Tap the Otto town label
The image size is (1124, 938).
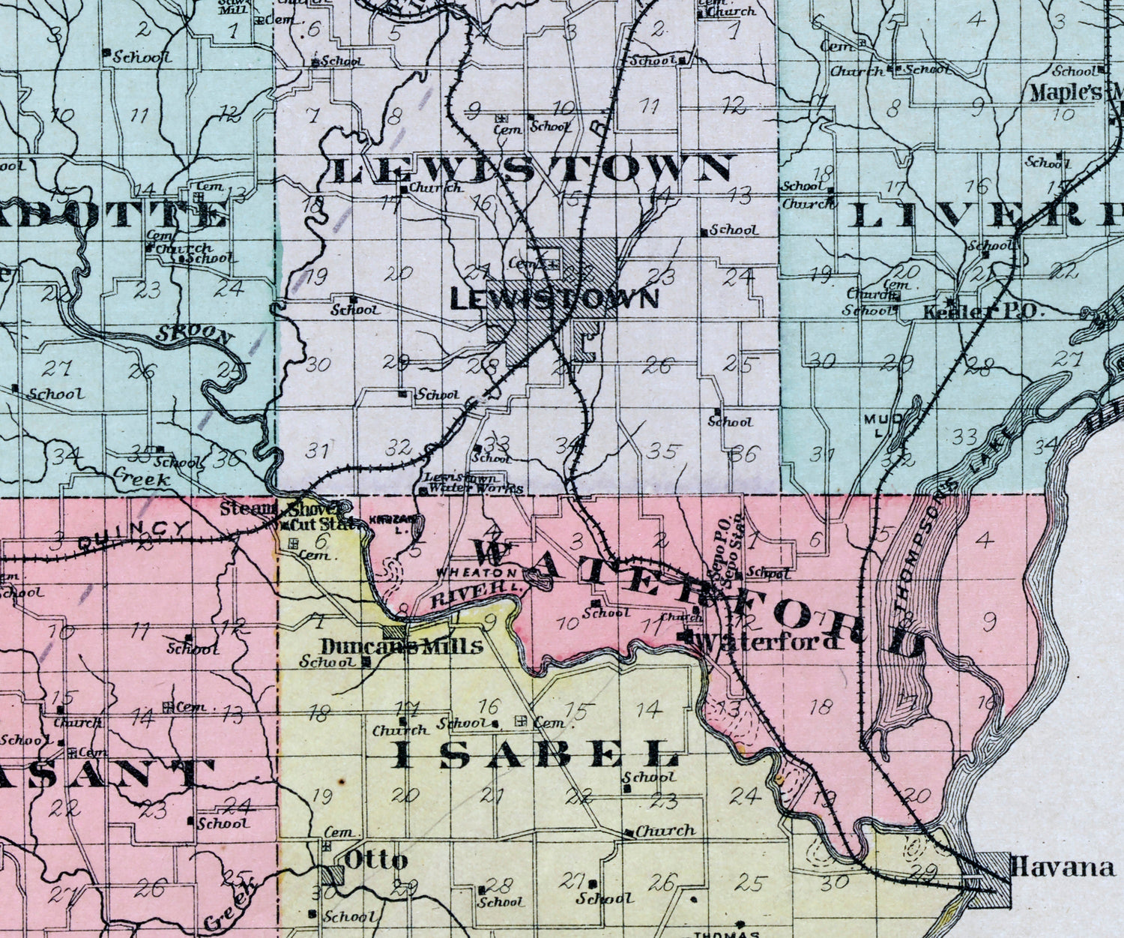point(375,860)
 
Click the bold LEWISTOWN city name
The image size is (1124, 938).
point(554,299)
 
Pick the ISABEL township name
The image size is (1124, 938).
point(535,755)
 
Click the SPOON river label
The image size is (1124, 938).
point(193,335)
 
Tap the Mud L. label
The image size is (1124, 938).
point(875,423)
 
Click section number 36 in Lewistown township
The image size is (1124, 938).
point(746,454)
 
